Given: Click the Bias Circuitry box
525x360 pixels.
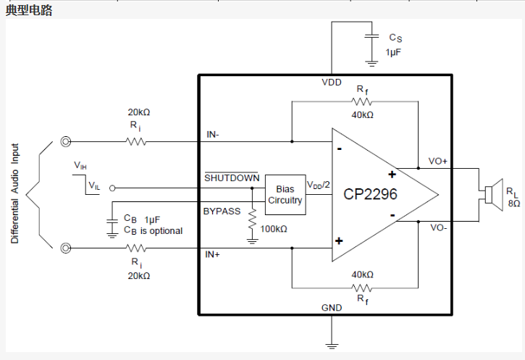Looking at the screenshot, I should tap(285, 195).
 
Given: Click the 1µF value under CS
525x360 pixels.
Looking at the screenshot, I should tap(393, 52).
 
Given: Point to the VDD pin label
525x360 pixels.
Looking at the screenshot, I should tap(332, 83).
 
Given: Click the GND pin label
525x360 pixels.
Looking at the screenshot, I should tap(332, 308).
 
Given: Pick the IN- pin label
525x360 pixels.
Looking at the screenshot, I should tap(215, 134).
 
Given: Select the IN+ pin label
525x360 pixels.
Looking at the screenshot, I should tap(215, 255).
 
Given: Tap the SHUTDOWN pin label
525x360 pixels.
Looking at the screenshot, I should tap(231, 178).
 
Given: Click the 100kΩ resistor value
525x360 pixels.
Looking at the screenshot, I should tap(272, 229).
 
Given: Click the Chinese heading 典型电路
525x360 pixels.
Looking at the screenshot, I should tap(29, 10).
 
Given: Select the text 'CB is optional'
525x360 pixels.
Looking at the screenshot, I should tap(153, 230).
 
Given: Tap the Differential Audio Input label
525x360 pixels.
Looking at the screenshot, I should tap(15, 193).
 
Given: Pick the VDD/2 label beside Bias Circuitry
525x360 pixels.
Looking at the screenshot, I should tap(319, 185).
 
